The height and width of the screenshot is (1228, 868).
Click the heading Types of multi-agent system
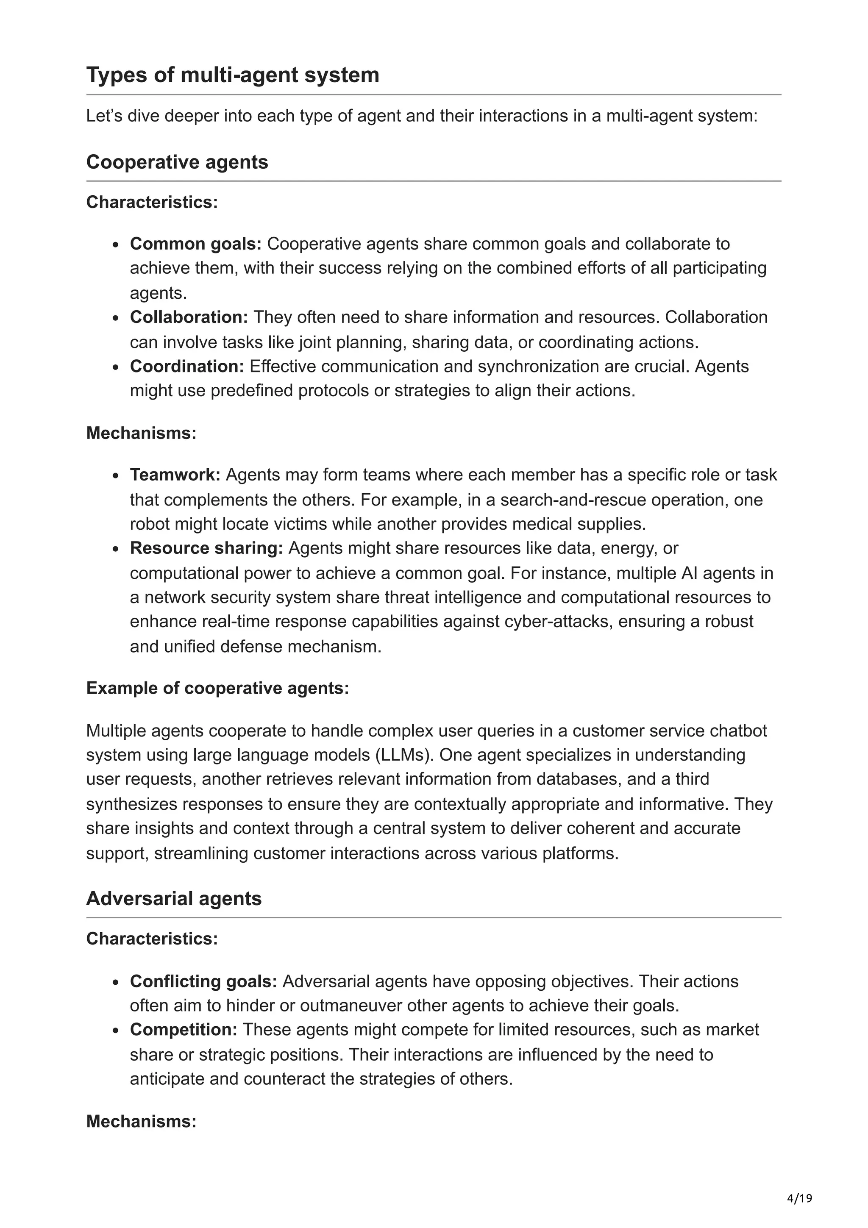tap(233, 75)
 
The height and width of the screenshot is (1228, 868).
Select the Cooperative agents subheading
tap(177, 162)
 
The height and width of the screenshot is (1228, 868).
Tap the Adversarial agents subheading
tap(174, 898)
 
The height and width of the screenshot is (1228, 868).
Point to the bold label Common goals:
tap(196, 244)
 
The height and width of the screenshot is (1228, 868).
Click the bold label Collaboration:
tap(189, 317)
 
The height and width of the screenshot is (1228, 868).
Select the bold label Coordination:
tap(186, 367)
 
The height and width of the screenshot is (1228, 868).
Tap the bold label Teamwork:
tap(175, 475)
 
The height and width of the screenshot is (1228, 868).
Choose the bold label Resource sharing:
tap(206, 548)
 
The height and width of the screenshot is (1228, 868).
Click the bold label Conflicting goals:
tap(203, 981)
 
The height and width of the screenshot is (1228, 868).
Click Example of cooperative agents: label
tap(217, 688)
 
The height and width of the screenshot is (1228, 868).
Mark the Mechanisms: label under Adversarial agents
tap(141, 1121)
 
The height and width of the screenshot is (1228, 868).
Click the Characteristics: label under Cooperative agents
tap(152, 202)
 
